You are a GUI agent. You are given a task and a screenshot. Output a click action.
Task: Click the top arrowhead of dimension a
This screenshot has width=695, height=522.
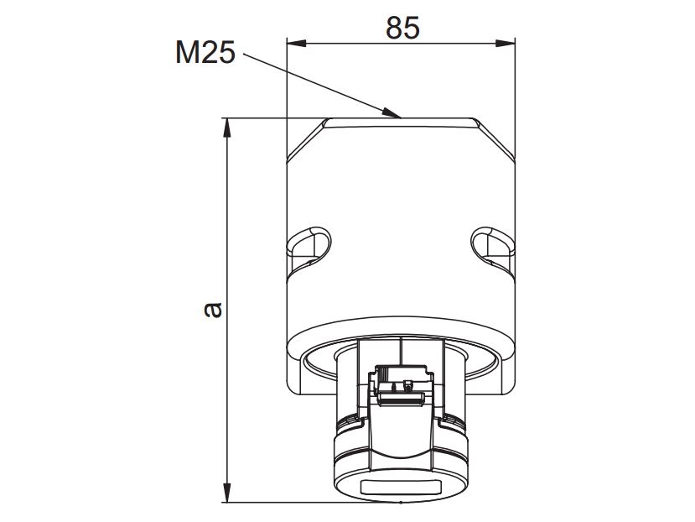point(226,126)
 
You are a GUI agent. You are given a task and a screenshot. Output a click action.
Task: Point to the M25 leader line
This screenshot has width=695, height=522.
point(319,84)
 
